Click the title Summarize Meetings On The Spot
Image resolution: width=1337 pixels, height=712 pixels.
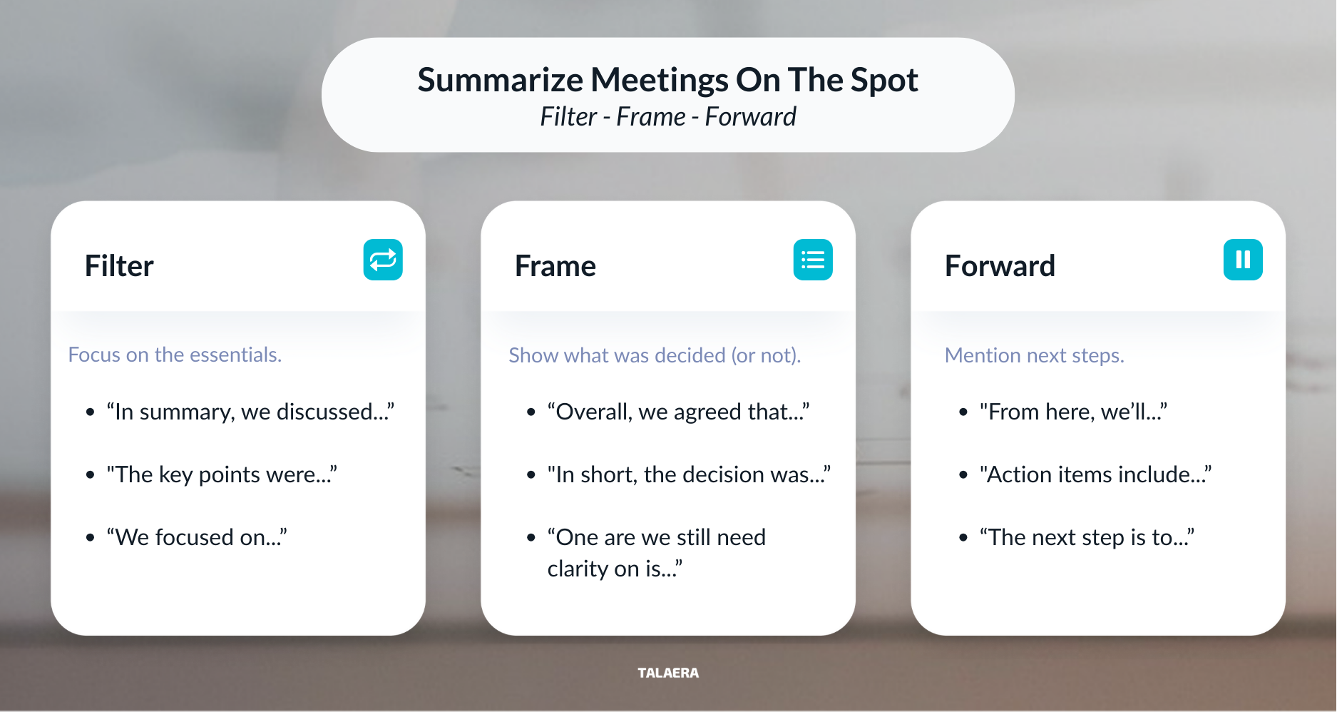coord(667,80)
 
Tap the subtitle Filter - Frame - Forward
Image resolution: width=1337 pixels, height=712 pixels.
coord(667,117)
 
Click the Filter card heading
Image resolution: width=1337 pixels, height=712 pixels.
coord(119,266)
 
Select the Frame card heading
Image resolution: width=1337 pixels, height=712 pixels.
coord(555,266)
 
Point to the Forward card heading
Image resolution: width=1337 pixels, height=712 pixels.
coord(999,266)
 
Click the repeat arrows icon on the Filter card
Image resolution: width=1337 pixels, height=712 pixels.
coord(383,260)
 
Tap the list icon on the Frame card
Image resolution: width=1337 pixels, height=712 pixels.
coord(813,260)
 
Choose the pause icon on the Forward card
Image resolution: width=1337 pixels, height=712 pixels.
coord(1243,260)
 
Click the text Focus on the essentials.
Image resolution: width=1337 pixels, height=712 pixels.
coord(175,355)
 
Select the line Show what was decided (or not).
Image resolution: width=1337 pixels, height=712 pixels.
coord(655,355)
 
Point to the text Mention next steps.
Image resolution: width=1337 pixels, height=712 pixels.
coord(1034,355)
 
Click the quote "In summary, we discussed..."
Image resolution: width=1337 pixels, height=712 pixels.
coord(250,412)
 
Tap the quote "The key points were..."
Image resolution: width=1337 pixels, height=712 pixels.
coord(222,474)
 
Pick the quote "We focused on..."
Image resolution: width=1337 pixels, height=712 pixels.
coord(197,537)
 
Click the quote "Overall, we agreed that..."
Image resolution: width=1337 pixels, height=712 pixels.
coord(678,412)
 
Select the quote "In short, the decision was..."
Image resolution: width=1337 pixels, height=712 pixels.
coord(689,474)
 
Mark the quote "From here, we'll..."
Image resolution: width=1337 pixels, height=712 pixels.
coord(1073,412)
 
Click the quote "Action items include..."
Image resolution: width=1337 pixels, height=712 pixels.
coord(1095,474)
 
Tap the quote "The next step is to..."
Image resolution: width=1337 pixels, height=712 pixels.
coord(1087,537)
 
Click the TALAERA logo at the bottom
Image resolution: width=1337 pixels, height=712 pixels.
coord(668,673)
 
